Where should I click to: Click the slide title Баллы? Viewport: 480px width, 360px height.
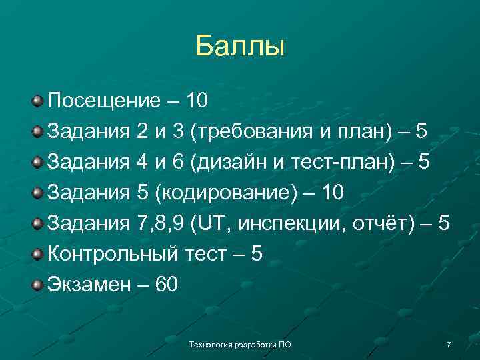click(x=240, y=46)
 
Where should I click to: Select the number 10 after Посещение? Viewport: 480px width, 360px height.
click(x=197, y=101)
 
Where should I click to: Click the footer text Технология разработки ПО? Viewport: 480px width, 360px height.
click(x=240, y=345)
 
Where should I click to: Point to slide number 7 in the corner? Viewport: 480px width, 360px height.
click(x=449, y=345)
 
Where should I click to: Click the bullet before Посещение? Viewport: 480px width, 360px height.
click(x=38, y=102)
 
